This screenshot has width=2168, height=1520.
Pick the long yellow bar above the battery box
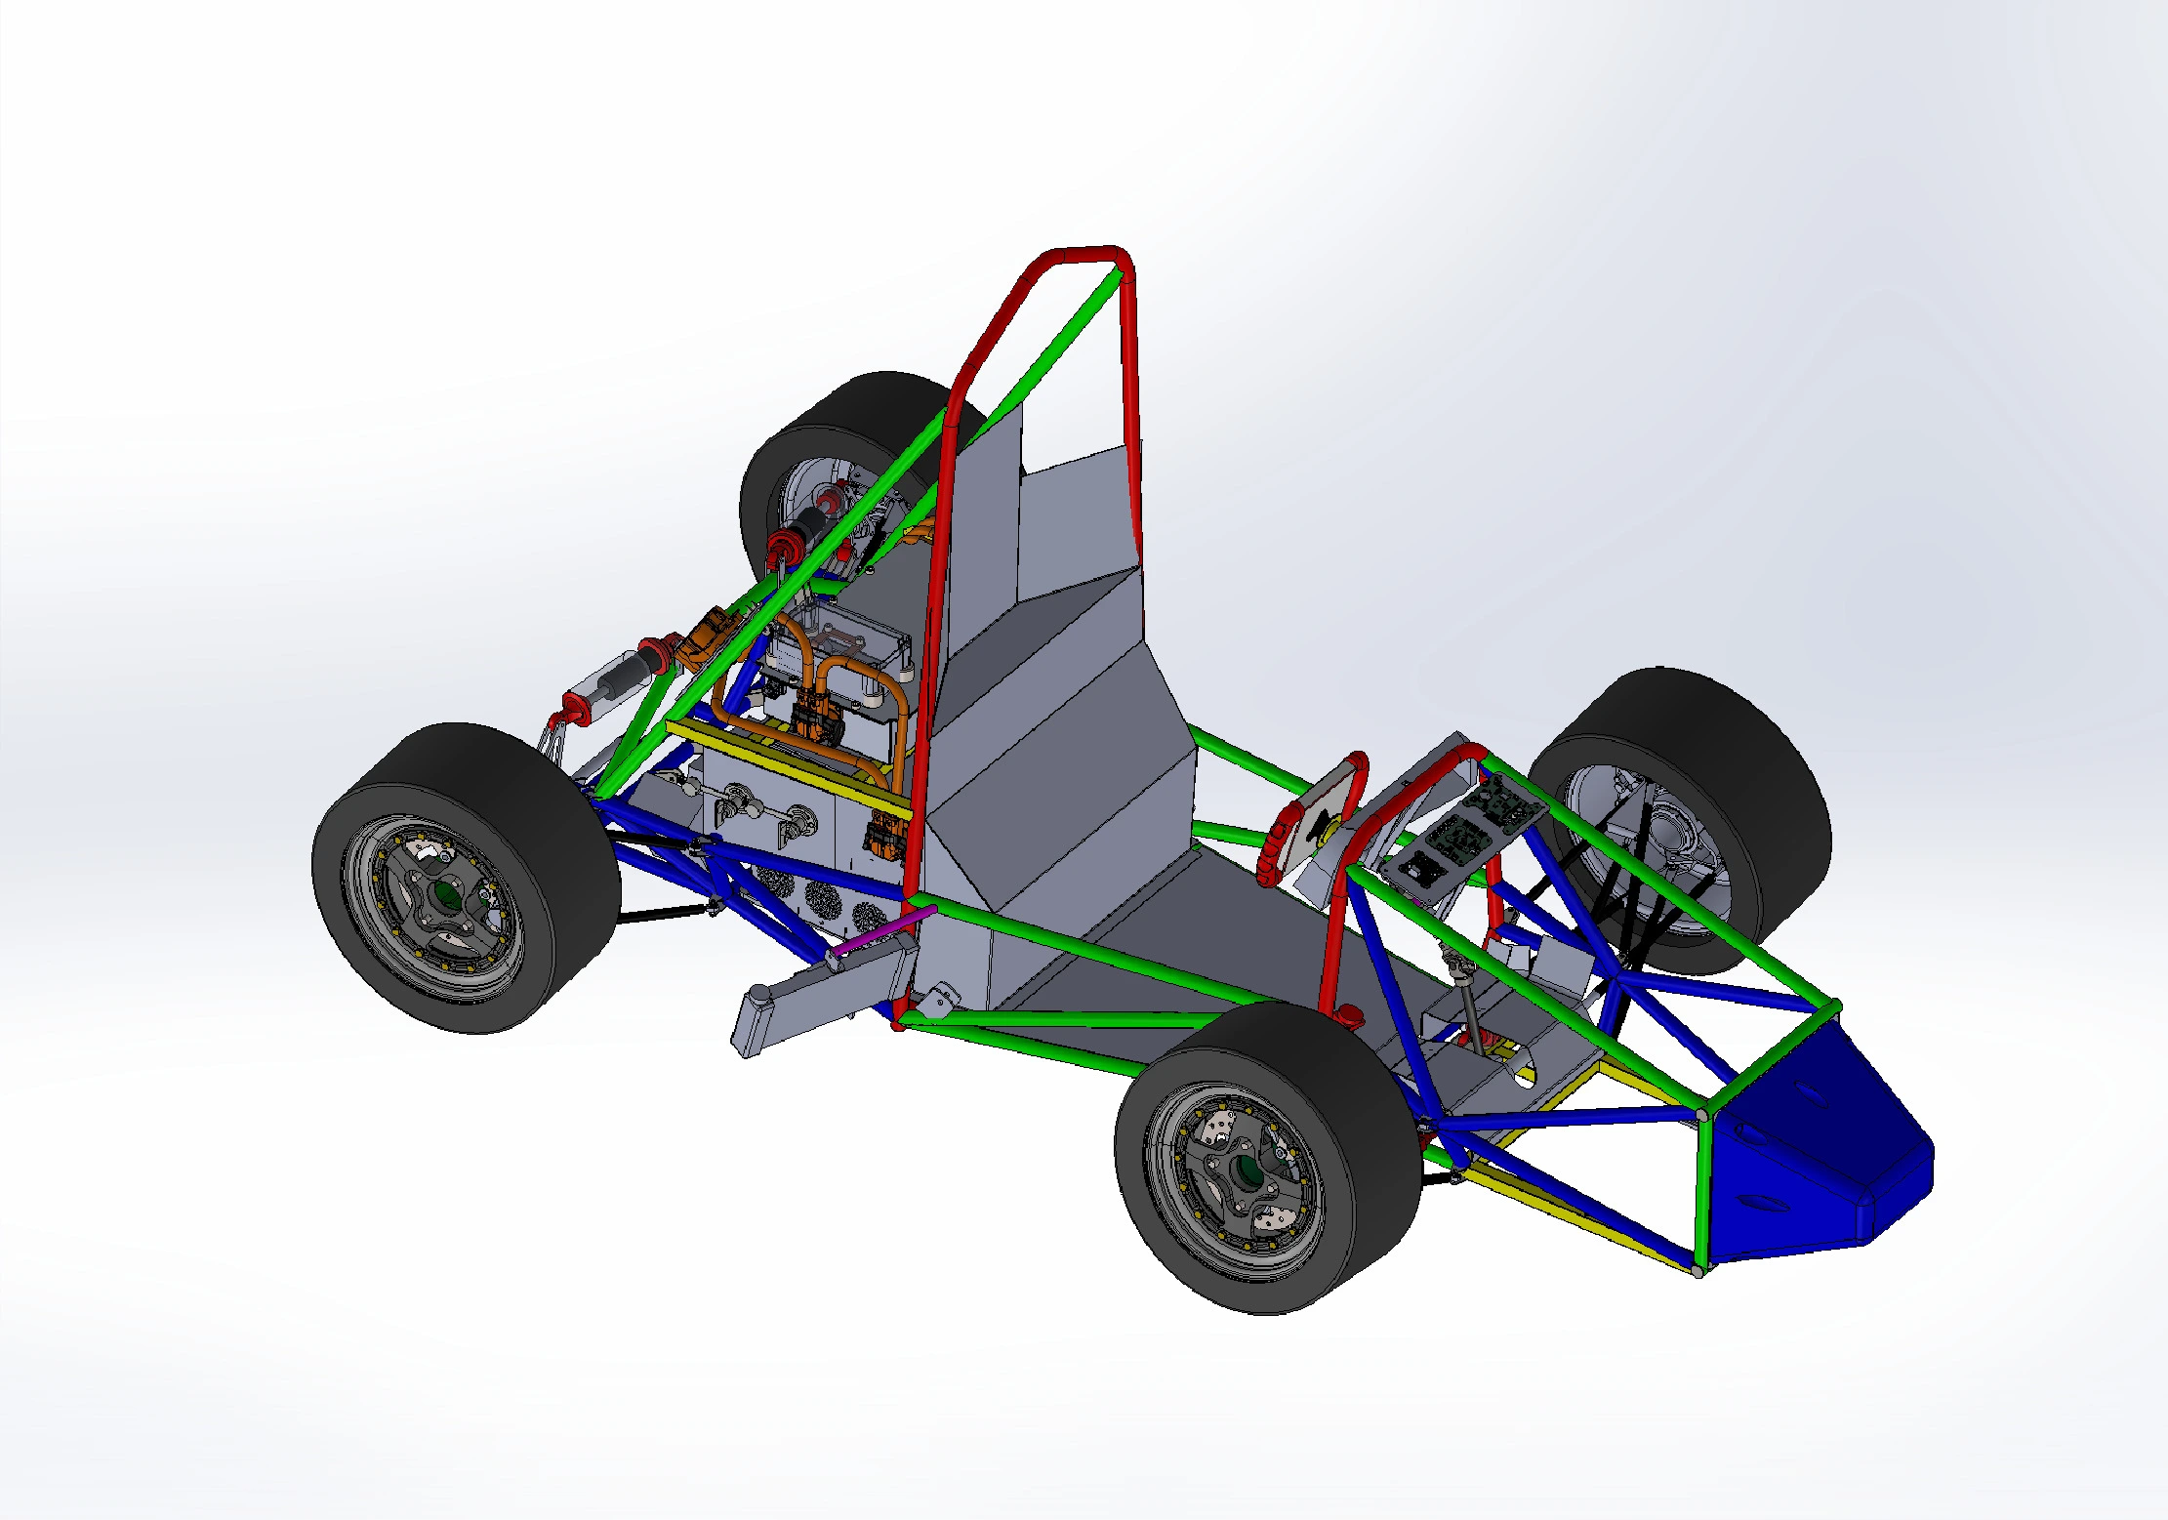pyautogui.click(x=781, y=766)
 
